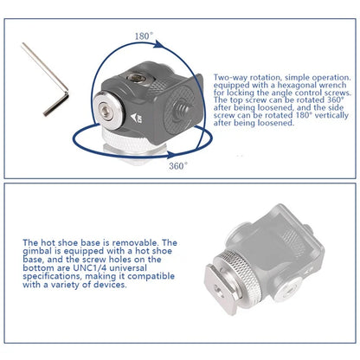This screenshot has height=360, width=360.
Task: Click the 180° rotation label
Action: coord(144,36)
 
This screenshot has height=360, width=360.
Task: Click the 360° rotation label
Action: coord(178,166)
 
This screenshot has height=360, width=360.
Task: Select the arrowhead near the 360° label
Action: coord(170,154)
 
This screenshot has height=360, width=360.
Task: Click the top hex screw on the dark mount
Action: coord(135,78)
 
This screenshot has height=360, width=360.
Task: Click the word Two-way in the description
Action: coord(230,77)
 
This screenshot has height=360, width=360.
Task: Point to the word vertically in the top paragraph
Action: coord(331,115)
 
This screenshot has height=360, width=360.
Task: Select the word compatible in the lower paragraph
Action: coord(151,276)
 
